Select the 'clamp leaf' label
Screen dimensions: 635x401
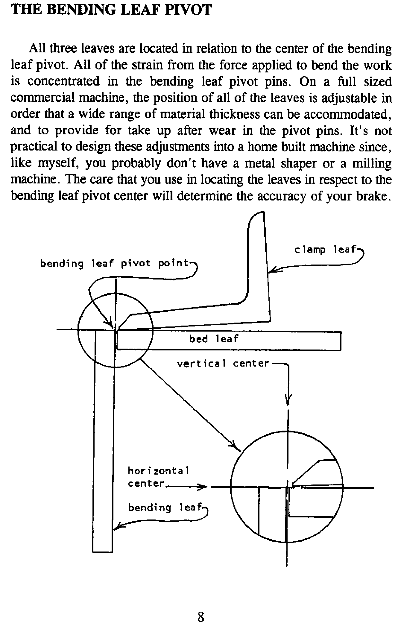[325, 249]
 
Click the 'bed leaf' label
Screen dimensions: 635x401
[214, 339]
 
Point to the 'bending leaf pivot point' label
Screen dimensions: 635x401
[115, 264]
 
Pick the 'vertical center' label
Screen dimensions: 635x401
[223, 364]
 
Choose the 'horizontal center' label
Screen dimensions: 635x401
[158, 477]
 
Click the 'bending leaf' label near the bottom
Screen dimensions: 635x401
[165, 508]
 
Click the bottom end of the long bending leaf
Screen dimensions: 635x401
[102, 551]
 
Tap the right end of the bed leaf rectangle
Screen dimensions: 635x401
[341, 341]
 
